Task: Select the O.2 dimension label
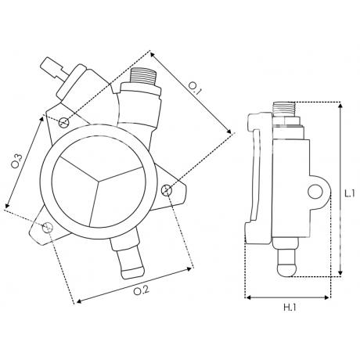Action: click(139, 292)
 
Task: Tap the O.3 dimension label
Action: click(17, 164)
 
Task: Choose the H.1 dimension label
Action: click(293, 308)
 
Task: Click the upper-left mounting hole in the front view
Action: click(64, 122)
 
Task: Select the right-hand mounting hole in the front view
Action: click(166, 190)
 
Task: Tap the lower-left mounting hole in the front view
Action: click(48, 227)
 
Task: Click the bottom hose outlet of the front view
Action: click(127, 263)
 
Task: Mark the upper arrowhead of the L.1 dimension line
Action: click(340, 103)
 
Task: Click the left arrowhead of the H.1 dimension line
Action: click(247, 297)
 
